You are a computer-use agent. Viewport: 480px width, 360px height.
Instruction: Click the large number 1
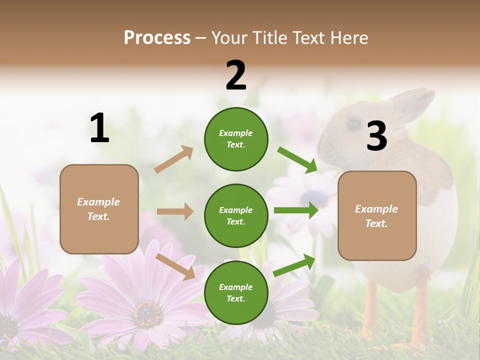pos(99,128)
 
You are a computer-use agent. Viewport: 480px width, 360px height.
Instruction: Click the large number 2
pos(236,76)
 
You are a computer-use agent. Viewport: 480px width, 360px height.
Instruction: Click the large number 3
pos(376,136)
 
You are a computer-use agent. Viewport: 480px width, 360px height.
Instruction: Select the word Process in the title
pos(157,37)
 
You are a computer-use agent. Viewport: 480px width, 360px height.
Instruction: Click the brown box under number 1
pos(99,209)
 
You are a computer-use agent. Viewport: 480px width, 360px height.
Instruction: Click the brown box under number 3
pos(377,215)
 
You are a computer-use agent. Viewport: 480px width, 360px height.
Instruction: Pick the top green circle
pos(236,139)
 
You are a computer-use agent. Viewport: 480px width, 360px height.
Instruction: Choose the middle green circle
pos(236,215)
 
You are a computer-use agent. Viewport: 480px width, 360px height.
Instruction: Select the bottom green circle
pos(236,292)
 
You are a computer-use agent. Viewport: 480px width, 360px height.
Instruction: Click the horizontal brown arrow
pos(175,211)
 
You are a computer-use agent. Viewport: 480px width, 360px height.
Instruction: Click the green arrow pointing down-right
pos(297,159)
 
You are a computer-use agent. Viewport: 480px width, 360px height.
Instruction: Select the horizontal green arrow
pos(295,210)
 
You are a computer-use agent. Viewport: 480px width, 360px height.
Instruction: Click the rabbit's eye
pos(354,123)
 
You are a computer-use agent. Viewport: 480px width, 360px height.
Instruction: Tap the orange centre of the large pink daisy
pos(147,312)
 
